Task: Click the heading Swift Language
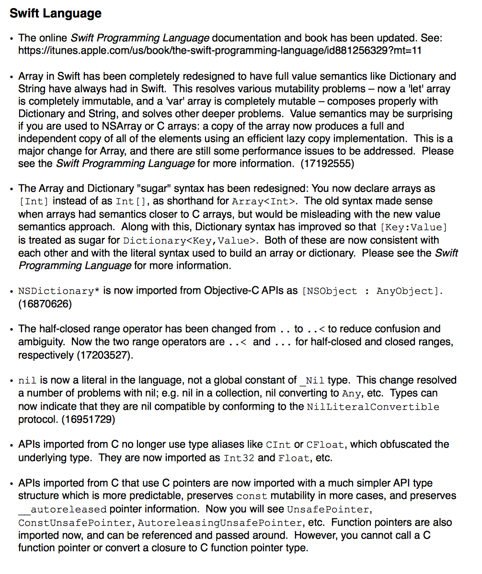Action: pos(56,13)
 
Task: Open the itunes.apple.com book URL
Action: pos(220,50)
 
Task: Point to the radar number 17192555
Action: pos(327,163)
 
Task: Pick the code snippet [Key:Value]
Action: pos(414,227)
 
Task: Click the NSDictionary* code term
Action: pos(58,291)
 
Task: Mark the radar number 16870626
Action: pos(45,304)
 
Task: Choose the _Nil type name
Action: pos(312,381)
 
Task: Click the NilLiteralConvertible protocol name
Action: pos(373,407)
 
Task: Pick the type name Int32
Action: pos(239,458)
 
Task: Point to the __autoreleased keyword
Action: pos(63,509)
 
